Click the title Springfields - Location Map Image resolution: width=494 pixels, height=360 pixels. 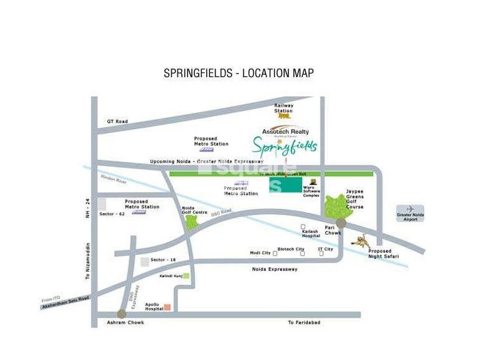pyautogui.click(x=238, y=73)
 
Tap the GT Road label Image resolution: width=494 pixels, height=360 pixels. pyautogui.click(x=117, y=121)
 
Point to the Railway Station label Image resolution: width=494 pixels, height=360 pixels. pyautogui.click(x=283, y=109)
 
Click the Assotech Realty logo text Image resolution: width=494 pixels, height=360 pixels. pyautogui.click(x=285, y=132)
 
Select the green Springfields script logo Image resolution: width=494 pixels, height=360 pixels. pyautogui.click(x=285, y=147)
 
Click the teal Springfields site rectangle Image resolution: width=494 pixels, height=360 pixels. pyautogui.click(x=285, y=186)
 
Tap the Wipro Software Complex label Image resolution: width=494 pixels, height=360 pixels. pyautogui.click(x=312, y=191)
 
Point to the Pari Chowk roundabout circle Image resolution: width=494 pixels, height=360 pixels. pyautogui.click(x=341, y=223)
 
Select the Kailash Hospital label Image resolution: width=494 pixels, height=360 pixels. pyautogui.click(x=310, y=233)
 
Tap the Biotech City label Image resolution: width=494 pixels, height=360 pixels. pyautogui.click(x=291, y=249)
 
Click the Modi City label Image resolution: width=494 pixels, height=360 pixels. pyautogui.click(x=260, y=253)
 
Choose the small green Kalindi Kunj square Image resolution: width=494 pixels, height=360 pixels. pyautogui.click(x=186, y=275)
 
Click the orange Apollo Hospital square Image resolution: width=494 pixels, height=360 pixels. pyautogui.click(x=167, y=307)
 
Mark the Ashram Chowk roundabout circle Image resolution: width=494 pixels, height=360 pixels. pyautogui.click(x=122, y=314)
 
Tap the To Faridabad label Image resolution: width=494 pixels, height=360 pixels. pyautogui.click(x=304, y=322)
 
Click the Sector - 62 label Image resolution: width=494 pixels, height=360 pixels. pyautogui.click(x=112, y=214)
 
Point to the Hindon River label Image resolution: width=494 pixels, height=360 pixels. pyautogui.click(x=113, y=180)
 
